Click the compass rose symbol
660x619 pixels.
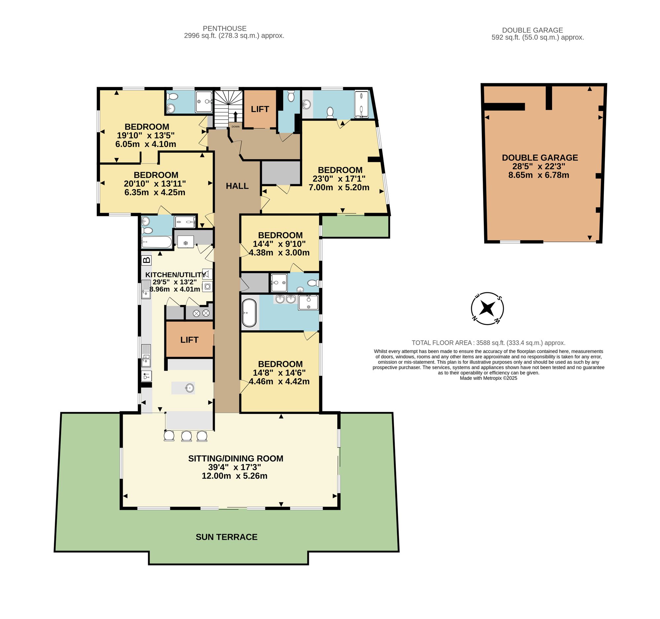487,308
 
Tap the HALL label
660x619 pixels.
237,186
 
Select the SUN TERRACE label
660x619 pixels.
227,537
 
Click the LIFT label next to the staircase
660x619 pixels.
260,109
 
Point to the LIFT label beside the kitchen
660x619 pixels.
189,340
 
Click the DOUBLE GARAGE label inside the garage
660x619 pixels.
540,158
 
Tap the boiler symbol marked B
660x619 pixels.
147,260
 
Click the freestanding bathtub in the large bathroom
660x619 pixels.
249,313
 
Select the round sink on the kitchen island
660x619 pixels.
190,387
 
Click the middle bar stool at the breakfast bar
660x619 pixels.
186,436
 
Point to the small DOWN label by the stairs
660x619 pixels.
235,127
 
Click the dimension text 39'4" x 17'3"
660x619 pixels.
234,467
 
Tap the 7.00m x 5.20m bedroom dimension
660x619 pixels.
339,187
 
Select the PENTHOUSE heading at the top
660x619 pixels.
225,29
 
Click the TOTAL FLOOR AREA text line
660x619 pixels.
488,343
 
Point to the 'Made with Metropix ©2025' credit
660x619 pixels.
488,378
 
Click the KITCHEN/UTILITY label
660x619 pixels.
176,275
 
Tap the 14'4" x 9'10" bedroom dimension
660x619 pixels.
279,244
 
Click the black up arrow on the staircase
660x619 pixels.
235,117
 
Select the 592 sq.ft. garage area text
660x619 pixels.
538,37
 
